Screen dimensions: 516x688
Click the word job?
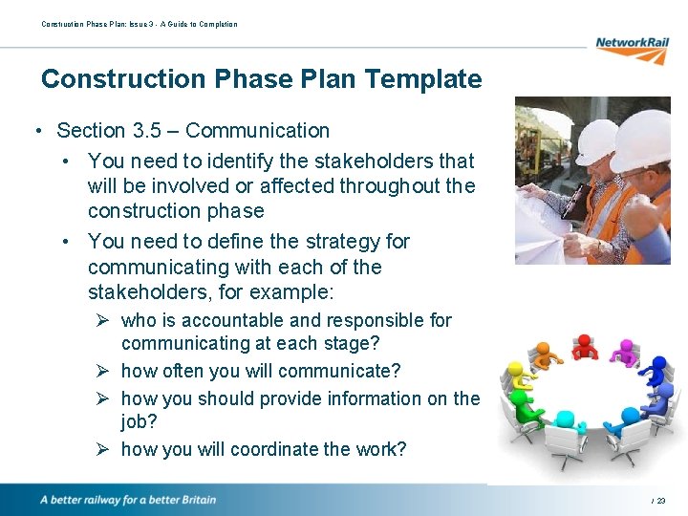141,420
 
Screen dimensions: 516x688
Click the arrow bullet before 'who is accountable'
105,321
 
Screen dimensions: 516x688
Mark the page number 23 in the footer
661,501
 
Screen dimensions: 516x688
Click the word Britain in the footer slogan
195,500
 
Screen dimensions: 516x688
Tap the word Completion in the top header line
219,24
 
